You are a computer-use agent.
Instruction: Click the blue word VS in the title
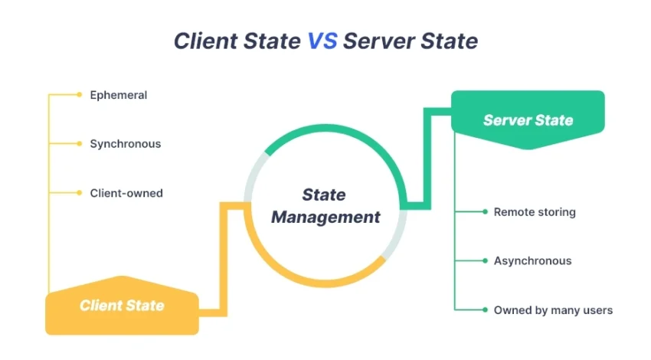click(322, 41)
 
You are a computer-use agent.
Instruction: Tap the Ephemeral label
click(118, 95)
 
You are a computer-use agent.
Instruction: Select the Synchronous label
click(125, 143)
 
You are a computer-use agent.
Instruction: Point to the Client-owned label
click(126, 193)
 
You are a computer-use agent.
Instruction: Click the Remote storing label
click(534, 211)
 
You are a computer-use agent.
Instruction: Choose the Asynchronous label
click(532, 260)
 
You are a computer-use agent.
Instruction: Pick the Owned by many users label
click(553, 310)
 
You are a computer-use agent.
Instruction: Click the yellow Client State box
click(122, 306)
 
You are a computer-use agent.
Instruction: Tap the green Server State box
click(528, 119)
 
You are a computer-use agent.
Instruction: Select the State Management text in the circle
click(325, 206)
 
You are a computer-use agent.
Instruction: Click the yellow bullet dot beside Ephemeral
click(79, 95)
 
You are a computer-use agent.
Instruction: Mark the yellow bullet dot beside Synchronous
click(79, 143)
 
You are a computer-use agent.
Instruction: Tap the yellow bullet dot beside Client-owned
click(79, 193)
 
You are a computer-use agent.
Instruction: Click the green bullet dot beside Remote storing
click(485, 211)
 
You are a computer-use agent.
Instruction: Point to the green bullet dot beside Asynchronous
click(485, 260)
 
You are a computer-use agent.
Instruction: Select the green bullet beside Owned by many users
click(485, 310)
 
